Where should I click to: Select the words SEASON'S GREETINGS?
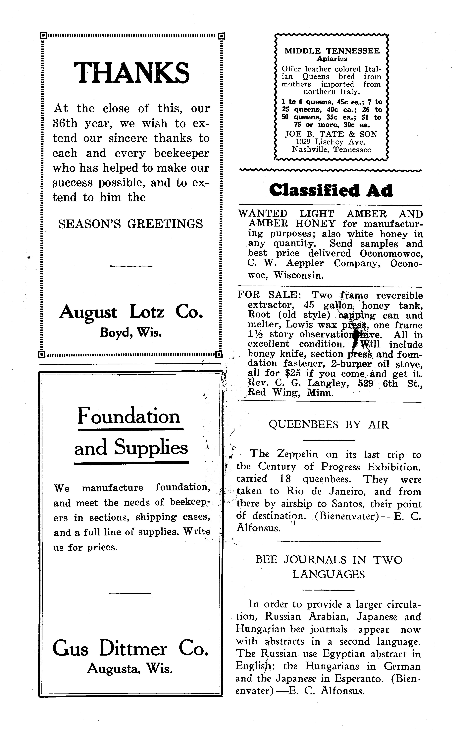[x=130, y=224]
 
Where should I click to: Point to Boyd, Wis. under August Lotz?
[x=131, y=333]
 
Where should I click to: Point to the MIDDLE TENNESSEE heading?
[x=332, y=51]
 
